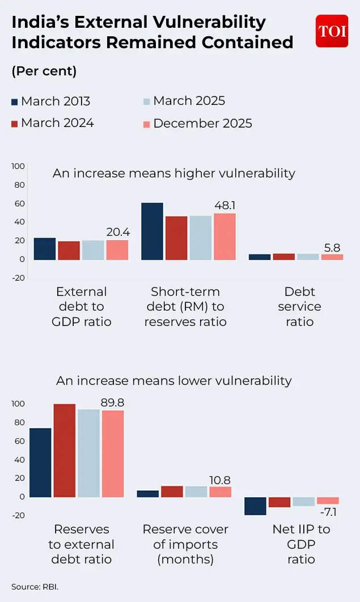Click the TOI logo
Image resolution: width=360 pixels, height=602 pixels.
[x=332, y=31]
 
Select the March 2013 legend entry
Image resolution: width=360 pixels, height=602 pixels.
[x=50, y=101]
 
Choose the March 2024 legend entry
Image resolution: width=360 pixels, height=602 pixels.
[x=52, y=123]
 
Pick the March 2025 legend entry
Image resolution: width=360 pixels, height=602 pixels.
[x=184, y=101]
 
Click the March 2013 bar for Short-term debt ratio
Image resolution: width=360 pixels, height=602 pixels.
[x=152, y=231]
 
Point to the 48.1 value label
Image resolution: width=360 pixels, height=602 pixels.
[x=225, y=205]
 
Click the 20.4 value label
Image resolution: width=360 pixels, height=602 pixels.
[x=117, y=232]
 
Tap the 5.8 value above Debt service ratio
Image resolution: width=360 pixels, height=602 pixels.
[x=332, y=247]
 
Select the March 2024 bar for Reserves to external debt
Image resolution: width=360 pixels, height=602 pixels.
[x=65, y=450]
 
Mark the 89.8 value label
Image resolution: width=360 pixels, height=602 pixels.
[x=113, y=402]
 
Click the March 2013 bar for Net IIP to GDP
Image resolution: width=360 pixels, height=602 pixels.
[x=255, y=506]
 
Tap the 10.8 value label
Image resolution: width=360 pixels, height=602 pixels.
[x=220, y=480]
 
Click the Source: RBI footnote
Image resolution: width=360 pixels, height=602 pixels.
[x=35, y=587]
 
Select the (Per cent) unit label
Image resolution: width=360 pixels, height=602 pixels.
[x=44, y=71]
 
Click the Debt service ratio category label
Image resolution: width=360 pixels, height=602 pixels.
[x=299, y=307]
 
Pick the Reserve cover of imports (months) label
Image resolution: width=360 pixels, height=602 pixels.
[x=185, y=544]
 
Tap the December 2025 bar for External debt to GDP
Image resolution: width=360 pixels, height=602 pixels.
[x=117, y=250]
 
